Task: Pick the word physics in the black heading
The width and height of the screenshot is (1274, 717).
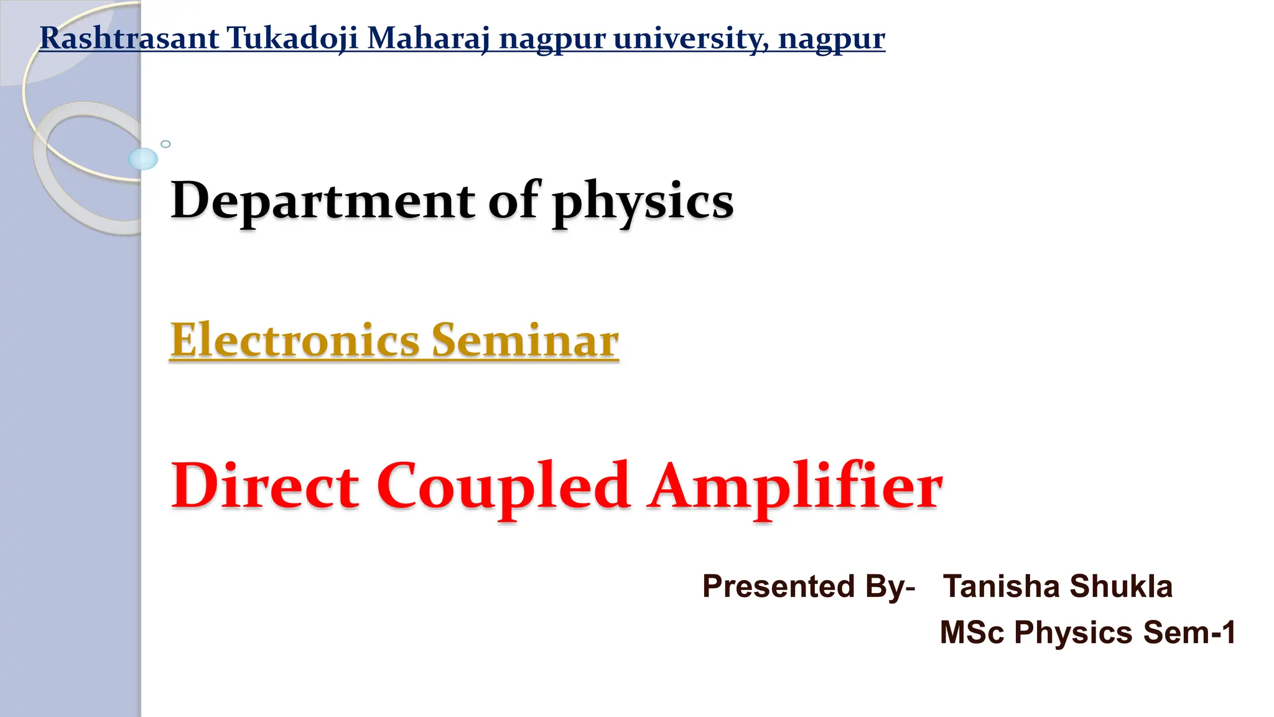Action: (x=643, y=202)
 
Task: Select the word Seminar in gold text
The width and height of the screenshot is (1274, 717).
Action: (x=526, y=340)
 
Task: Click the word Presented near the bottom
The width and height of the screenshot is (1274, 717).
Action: (x=778, y=586)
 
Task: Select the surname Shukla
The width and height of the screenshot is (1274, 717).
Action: (x=1121, y=586)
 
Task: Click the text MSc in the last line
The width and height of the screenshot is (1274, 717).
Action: (x=972, y=632)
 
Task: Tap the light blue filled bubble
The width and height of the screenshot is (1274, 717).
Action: (x=143, y=159)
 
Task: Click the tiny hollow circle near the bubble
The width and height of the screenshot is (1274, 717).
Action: (x=165, y=144)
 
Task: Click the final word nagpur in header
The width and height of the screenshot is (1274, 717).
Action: (x=832, y=39)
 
